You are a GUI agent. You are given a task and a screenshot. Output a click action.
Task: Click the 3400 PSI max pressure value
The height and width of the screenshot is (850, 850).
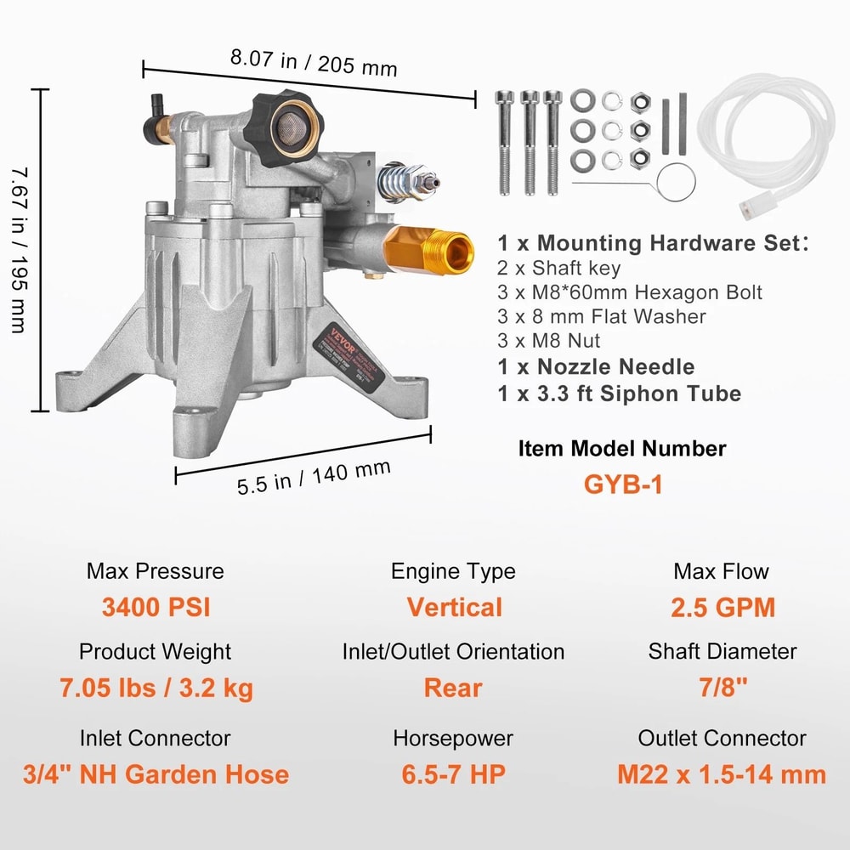pos(156,608)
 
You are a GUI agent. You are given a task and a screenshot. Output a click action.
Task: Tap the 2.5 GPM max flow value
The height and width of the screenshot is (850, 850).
pos(722,608)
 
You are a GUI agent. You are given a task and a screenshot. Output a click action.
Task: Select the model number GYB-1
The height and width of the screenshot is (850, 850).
pos(622,484)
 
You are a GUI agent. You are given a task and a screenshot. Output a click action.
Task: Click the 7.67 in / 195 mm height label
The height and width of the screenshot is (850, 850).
pos(19,250)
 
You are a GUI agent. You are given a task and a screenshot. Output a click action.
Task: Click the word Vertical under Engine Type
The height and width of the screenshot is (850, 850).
pos(454,608)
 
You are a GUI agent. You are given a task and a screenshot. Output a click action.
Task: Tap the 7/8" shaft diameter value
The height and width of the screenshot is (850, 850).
pos(722,688)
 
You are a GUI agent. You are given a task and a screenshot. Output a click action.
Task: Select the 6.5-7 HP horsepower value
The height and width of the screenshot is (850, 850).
pos(454,774)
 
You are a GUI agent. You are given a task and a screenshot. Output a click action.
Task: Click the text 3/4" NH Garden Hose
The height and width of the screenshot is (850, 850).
pos(156,774)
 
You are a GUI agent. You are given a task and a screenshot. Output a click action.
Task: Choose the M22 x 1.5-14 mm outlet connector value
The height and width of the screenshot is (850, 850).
pos(722,774)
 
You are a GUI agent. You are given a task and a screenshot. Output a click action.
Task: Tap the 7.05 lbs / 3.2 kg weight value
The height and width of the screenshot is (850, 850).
pos(156,688)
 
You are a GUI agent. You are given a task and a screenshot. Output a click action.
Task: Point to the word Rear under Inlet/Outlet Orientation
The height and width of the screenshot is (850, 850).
pos(454,688)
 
